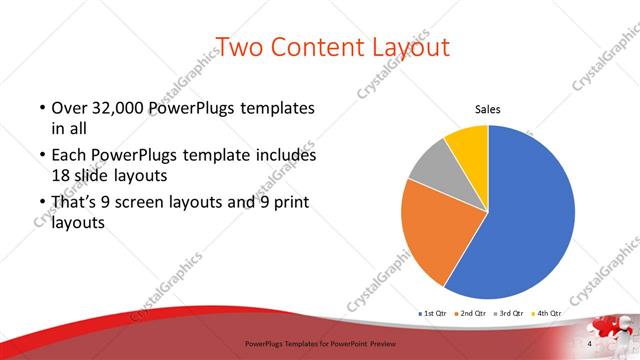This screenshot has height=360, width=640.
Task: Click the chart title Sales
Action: click(x=487, y=109)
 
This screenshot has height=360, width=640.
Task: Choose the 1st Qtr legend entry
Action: click(x=432, y=313)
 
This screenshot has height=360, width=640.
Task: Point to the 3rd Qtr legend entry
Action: click(x=510, y=313)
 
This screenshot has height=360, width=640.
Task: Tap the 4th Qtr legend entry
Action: click(x=548, y=313)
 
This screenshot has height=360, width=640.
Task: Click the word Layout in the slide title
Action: click(x=407, y=47)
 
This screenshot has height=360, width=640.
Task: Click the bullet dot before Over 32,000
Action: click(x=41, y=108)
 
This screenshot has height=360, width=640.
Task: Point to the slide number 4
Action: click(x=591, y=343)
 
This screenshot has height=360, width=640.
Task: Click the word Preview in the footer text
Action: click(x=385, y=343)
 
